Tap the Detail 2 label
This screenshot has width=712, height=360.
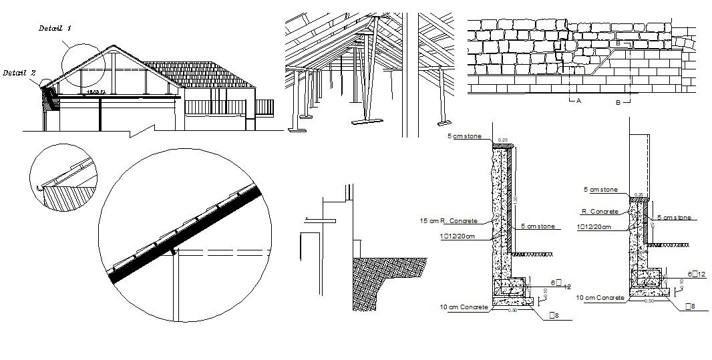19,72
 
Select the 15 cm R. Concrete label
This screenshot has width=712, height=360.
448,220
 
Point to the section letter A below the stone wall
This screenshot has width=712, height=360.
578,100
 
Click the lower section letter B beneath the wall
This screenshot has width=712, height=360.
618,102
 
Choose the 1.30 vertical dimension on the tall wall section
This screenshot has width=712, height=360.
515,201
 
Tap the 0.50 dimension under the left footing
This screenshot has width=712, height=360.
513,310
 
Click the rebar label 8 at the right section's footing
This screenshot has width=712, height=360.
691,306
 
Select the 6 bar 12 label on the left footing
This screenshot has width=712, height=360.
559,284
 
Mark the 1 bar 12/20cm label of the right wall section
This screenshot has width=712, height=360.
596,228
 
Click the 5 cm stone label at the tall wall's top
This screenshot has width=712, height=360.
464,136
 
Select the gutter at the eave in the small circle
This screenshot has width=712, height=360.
44,189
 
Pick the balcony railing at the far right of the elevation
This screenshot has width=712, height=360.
264,107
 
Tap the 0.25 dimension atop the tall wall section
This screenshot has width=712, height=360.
504,140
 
